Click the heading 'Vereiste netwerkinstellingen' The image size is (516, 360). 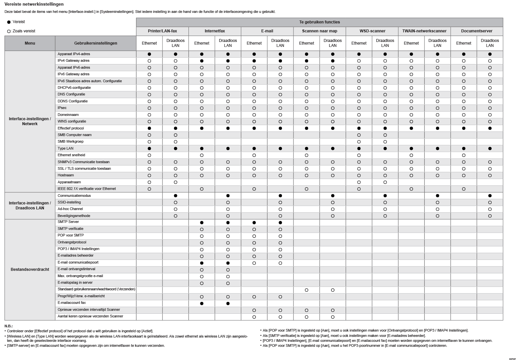[34, 4]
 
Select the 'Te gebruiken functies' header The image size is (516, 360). [319, 22]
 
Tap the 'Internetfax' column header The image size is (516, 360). [215, 31]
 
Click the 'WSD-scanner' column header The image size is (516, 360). [372, 31]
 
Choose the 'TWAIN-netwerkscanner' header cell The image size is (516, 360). [424, 31]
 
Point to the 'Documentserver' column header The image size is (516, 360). [476, 31]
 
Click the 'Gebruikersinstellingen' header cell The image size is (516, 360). [95, 43]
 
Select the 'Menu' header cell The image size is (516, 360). [30, 43]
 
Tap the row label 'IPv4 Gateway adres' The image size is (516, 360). [73, 61]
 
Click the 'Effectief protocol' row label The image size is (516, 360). [71, 128]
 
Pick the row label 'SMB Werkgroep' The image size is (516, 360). [70, 142]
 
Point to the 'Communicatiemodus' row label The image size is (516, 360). [74, 196]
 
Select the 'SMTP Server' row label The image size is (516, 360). [68, 222]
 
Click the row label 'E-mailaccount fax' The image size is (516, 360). [71, 303]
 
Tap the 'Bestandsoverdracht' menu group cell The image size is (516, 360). [30, 270]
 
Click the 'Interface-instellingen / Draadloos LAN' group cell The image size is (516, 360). [30, 205]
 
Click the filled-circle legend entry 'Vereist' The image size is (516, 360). [16, 22]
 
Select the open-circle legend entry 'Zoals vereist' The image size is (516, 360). [21, 31]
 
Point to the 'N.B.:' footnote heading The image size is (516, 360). [9, 326]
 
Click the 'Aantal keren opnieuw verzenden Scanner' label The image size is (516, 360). [90, 316]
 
